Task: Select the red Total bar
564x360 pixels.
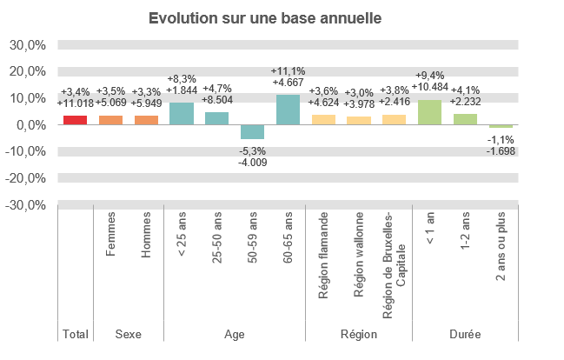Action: (75, 120)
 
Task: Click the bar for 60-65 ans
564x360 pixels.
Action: (288, 110)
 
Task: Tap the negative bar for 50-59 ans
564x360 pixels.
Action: (252, 131)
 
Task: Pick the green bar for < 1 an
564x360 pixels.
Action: (429, 112)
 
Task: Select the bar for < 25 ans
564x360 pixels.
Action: (181, 113)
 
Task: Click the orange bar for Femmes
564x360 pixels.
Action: (110, 120)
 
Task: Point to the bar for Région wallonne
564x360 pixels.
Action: (359, 120)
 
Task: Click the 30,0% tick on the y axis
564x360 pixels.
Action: (28, 44)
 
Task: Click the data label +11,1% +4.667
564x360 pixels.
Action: (288, 77)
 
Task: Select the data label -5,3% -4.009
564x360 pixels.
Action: (252, 157)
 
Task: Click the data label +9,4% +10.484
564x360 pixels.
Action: (429, 81)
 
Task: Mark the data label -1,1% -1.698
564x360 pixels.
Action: (501, 144)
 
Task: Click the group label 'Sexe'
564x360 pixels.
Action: (129, 334)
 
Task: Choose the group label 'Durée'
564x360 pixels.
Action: (465, 334)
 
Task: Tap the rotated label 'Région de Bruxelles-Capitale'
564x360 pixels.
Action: (395, 254)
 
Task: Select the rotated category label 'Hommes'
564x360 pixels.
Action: (146, 235)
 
